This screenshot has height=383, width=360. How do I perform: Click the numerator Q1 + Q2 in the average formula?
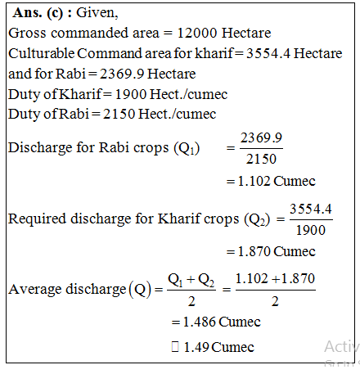[191, 279]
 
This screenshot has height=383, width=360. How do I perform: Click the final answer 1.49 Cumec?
[218, 347]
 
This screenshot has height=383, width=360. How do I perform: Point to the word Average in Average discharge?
[32, 289]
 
